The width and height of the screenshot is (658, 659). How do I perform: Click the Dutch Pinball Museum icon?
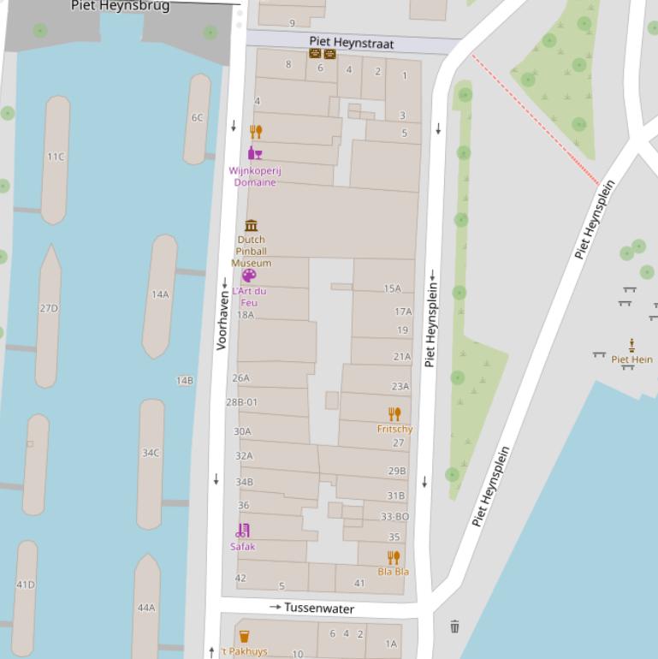point(251,225)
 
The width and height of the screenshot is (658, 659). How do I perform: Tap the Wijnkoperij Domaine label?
point(255,176)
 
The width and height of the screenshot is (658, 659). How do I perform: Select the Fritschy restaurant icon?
point(394,414)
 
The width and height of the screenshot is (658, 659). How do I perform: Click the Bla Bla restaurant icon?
point(394,557)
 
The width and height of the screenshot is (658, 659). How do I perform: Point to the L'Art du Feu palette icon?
point(248,275)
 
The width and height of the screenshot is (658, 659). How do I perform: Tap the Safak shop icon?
point(243,531)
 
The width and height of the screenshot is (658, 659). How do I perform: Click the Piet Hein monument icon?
point(631,345)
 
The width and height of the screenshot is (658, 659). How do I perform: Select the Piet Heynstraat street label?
point(352,42)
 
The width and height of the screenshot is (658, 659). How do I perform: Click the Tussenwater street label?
point(318,608)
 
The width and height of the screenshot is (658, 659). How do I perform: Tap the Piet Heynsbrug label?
point(120,6)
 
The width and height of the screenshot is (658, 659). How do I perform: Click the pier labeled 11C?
point(56,157)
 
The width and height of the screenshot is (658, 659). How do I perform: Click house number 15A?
point(392,289)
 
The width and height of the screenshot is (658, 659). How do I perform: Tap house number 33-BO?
point(394,517)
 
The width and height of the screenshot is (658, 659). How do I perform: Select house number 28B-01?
point(241,402)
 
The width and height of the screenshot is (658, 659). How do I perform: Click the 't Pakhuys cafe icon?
point(244,636)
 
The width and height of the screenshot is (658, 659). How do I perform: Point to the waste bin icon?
point(454,626)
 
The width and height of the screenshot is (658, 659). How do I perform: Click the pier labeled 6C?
point(198,118)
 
